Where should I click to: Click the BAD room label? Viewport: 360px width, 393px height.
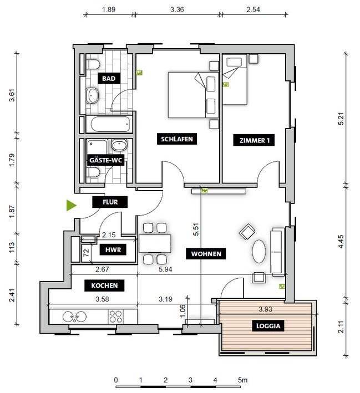[x=109, y=79]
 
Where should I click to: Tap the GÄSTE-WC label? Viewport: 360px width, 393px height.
[x=105, y=160]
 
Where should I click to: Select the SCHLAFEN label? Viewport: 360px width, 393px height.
[x=177, y=139]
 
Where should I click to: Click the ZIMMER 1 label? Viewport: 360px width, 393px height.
[x=254, y=140]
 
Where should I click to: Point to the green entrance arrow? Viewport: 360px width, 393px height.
[x=71, y=205]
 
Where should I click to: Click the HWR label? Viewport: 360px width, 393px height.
[x=113, y=250]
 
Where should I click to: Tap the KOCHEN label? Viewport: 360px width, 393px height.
[x=104, y=285]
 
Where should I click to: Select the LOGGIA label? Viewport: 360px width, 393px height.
[x=268, y=326]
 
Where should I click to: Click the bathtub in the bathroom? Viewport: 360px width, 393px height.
[x=110, y=124]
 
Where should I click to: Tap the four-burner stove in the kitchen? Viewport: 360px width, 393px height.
[x=116, y=317]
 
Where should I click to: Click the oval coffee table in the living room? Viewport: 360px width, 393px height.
[x=258, y=252]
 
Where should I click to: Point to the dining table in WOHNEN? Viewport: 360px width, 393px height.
[x=155, y=244]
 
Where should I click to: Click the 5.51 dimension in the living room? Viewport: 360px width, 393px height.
[x=196, y=229]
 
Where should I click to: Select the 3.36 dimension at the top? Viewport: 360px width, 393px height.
[x=177, y=9]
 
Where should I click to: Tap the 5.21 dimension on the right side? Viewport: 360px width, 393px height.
[x=341, y=119]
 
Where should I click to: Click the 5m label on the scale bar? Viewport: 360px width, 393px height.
[x=242, y=380]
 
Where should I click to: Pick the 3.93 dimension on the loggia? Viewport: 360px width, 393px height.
[x=265, y=309]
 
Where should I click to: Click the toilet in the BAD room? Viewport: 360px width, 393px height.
[x=93, y=64]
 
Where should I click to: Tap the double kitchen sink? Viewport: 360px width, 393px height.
[x=74, y=317]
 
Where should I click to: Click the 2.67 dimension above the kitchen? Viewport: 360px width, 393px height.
[x=102, y=269]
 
